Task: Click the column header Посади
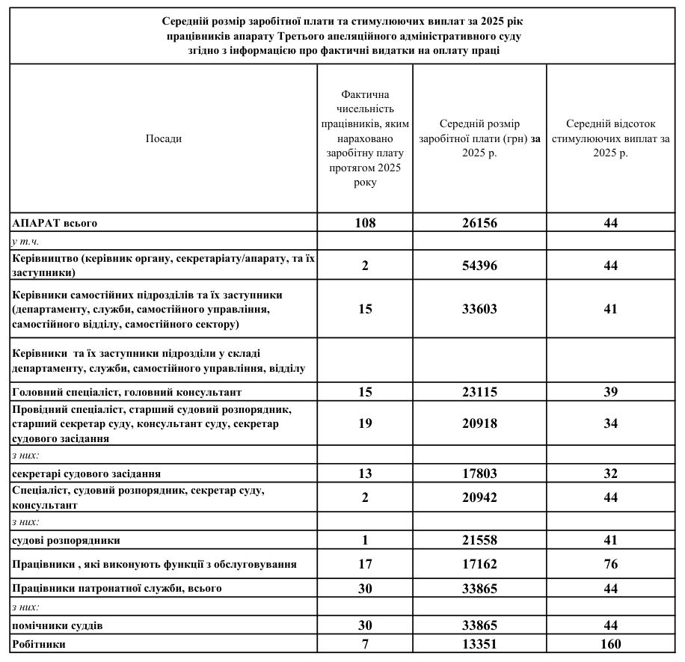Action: pos(163,138)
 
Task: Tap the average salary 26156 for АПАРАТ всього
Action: pos(479,223)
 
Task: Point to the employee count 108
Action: pos(365,223)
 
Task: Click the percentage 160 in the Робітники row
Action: pos(611,644)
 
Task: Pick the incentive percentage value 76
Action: pos(611,564)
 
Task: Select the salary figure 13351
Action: pos(479,644)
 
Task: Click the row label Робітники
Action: pos(39,644)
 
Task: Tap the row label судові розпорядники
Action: pos(67,540)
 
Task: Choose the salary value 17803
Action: pos(479,473)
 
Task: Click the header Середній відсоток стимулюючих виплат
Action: pos(611,138)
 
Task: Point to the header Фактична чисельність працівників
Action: pos(365,138)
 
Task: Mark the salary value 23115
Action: pos(479,392)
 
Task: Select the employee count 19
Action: pos(365,423)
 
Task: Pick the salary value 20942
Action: pos(479,497)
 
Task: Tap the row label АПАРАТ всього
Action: pos(55,223)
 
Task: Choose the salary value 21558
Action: pos(479,540)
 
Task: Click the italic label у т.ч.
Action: pos(26,241)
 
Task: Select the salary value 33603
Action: pos(479,309)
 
